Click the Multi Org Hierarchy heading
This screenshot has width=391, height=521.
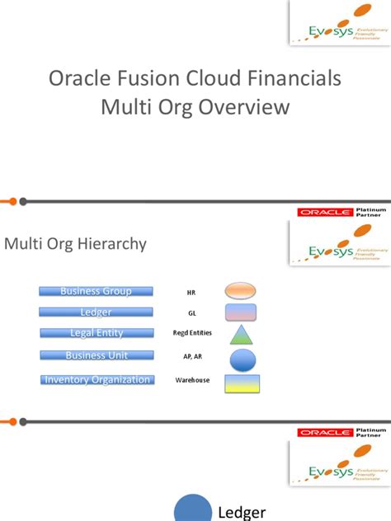point(76,243)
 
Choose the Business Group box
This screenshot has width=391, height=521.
point(96,291)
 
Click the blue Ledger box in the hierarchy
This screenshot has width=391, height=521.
point(96,312)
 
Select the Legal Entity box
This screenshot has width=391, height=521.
point(96,333)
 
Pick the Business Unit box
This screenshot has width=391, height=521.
point(96,355)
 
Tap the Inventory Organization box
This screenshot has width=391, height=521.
point(97,380)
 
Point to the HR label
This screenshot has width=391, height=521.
point(191,292)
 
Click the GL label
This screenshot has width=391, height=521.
point(191,313)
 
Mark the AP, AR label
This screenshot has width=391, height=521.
point(191,358)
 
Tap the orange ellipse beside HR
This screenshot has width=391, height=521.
point(241,290)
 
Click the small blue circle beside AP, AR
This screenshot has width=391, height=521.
point(243,359)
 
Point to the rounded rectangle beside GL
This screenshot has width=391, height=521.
point(241,312)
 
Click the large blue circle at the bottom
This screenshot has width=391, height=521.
point(192,508)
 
